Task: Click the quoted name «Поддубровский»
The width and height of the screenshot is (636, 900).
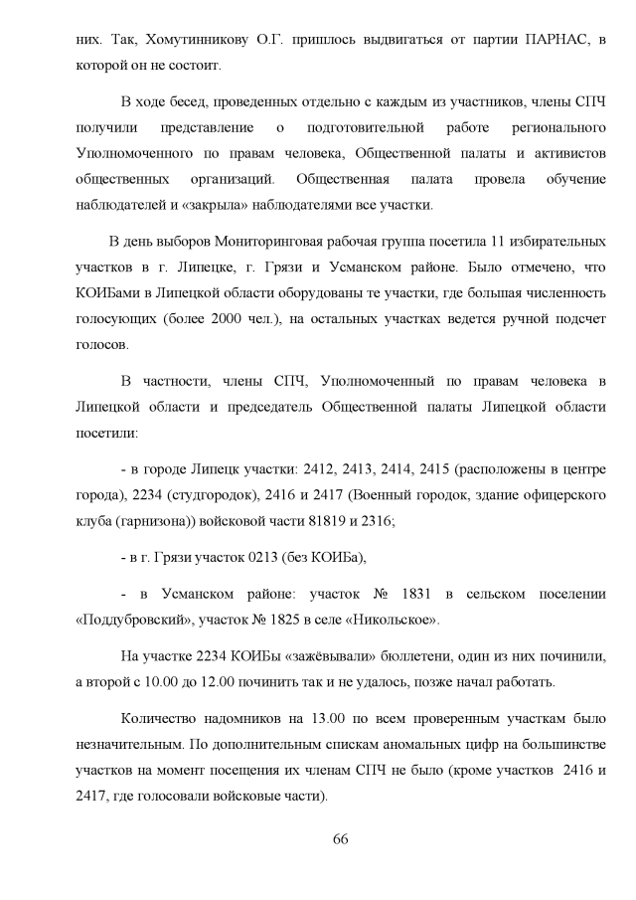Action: (132, 621)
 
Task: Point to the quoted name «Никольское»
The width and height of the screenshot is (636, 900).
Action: (397, 621)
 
